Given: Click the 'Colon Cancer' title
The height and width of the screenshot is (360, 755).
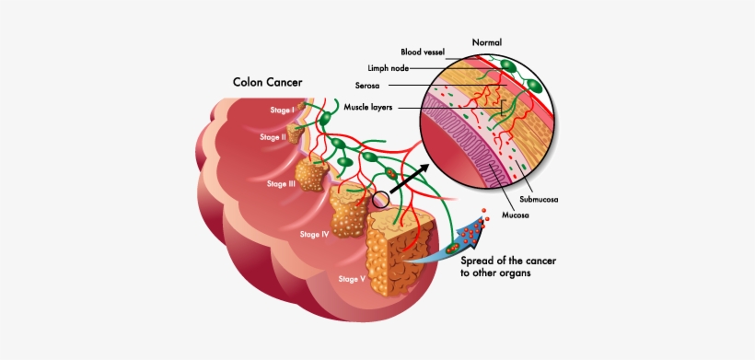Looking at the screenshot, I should point(266,82).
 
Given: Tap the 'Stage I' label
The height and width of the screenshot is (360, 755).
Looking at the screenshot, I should point(281,110).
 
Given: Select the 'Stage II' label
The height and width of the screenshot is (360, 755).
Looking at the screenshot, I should point(273,137).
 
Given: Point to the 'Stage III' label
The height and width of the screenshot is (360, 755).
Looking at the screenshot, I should point(281,184).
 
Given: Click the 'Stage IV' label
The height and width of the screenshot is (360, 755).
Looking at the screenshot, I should point(314,234).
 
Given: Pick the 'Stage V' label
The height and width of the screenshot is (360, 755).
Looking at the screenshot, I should point(353,278).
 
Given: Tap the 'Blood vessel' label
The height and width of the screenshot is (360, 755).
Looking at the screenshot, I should point(423,52).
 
